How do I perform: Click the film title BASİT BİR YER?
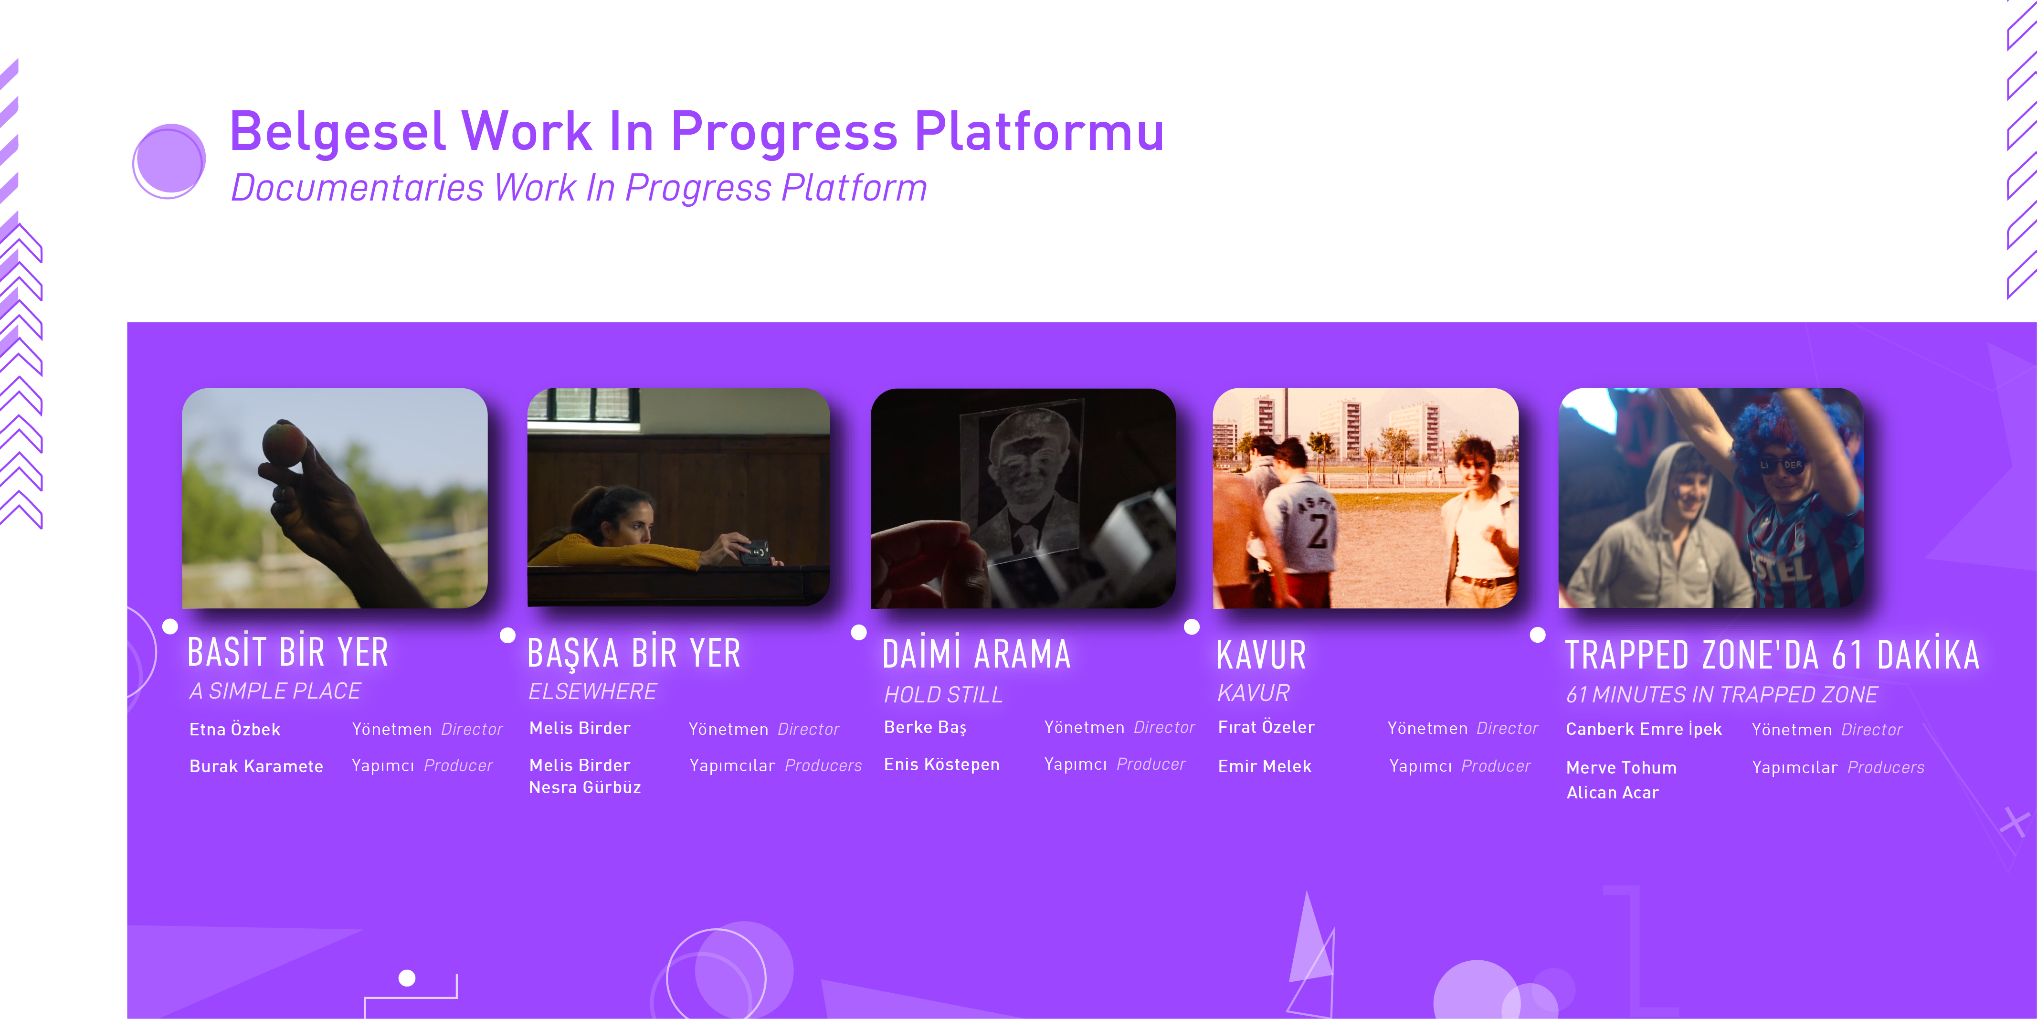(288, 653)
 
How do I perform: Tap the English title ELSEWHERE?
(592, 691)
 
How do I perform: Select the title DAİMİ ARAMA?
(977, 654)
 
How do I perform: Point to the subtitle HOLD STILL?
(943, 695)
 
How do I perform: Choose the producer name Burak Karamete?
(256, 766)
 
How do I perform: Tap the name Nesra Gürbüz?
(585, 787)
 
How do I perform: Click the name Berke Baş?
(925, 727)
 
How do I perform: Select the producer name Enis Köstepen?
(942, 764)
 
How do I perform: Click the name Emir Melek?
(1265, 766)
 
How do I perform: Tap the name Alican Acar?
(1612, 793)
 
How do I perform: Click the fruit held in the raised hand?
(284, 444)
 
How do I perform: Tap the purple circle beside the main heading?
(169, 160)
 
